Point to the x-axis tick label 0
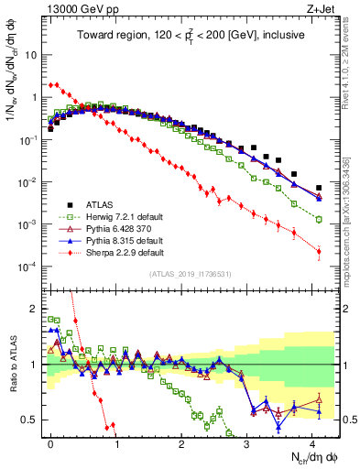51,442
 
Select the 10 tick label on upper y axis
29,55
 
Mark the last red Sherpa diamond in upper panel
319,251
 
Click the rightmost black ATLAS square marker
319,188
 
